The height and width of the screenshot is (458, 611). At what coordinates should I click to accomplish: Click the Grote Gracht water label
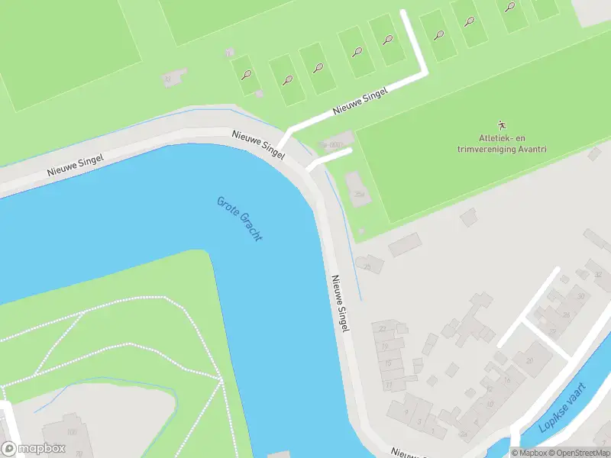pos(240,219)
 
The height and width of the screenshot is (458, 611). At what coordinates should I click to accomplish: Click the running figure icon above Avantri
pos(502,124)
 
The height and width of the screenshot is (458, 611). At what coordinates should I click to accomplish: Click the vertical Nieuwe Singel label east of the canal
pos(341,303)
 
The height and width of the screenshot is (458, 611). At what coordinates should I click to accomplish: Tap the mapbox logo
pos(32,449)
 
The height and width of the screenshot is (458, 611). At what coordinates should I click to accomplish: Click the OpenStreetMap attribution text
pos(580,453)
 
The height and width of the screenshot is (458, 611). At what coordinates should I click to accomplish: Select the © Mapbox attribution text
pos(530,453)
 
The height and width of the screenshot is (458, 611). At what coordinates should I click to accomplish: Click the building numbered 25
pos(368,266)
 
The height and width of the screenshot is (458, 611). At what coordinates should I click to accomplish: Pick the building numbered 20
pos(529,361)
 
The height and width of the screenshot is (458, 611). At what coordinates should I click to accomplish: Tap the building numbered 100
pos(73,433)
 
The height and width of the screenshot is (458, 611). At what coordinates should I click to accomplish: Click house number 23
pos(383,328)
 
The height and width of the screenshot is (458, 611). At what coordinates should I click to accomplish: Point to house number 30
pos(581,296)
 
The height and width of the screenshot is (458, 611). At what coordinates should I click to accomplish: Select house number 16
pos(506,379)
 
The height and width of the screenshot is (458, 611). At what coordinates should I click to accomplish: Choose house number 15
pos(388,363)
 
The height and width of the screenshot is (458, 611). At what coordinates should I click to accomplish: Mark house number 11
pos(389,385)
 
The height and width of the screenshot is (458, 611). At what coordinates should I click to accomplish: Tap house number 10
pos(489,404)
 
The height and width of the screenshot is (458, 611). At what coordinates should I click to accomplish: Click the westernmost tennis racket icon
pos(246,75)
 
